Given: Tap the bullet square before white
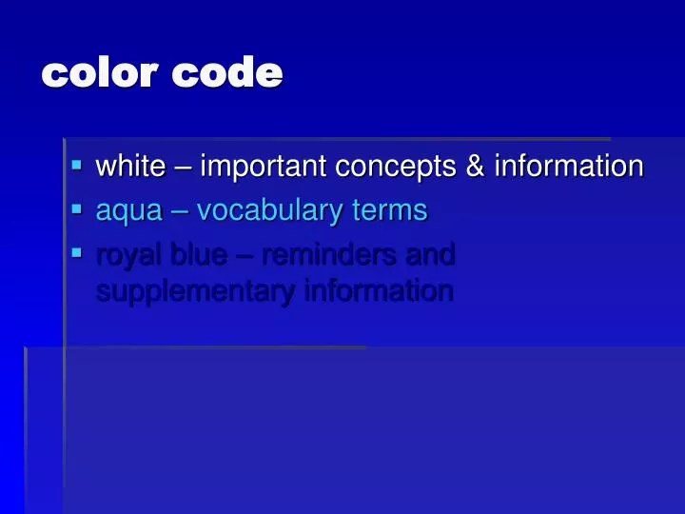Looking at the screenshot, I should pos(77,164).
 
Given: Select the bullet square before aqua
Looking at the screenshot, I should pos(77,208).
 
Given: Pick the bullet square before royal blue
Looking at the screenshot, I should pos(77,251).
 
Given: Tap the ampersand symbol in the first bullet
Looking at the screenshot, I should pos(474,167).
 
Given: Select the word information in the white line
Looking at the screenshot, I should pos(568,167).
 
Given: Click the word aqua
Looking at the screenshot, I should pos(127,211).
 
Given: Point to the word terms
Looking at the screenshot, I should pos(391,209).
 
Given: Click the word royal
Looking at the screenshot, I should pos(127,255).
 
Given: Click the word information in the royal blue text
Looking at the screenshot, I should pos(378,290).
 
